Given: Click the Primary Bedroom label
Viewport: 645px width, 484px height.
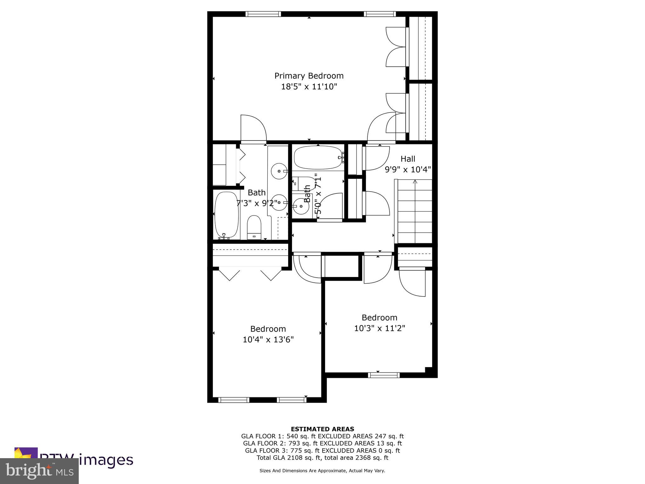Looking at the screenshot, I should [x=309, y=76].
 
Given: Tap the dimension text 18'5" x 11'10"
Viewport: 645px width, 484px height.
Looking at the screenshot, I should [x=309, y=87].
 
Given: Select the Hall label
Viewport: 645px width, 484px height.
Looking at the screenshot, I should [x=408, y=159].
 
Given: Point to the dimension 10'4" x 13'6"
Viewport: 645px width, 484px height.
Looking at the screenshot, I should [x=268, y=340].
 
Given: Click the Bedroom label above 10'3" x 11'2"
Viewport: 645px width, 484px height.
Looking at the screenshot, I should [x=379, y=317].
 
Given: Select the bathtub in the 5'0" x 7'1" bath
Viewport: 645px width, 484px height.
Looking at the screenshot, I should [x=317, y=158].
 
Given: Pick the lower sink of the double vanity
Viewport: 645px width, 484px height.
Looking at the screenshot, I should [x=279, y=203].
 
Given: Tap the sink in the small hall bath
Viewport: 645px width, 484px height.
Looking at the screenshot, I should [x=301, y=206].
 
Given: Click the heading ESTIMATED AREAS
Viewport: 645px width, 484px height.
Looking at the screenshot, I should [x=322, y=429].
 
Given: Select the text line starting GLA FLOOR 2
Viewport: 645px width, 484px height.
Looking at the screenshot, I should [x=322, y=443].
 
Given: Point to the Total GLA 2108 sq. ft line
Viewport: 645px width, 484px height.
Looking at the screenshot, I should [x=322, y=458].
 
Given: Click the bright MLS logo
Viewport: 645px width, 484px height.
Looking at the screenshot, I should [x=39, y=471].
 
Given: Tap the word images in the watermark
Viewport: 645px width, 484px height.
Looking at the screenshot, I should [x=106, y=460].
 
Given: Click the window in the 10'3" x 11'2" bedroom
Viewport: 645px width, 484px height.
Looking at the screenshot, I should [x=384, y=375].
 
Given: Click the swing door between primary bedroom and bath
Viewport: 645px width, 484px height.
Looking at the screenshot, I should [x=254, y=129].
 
